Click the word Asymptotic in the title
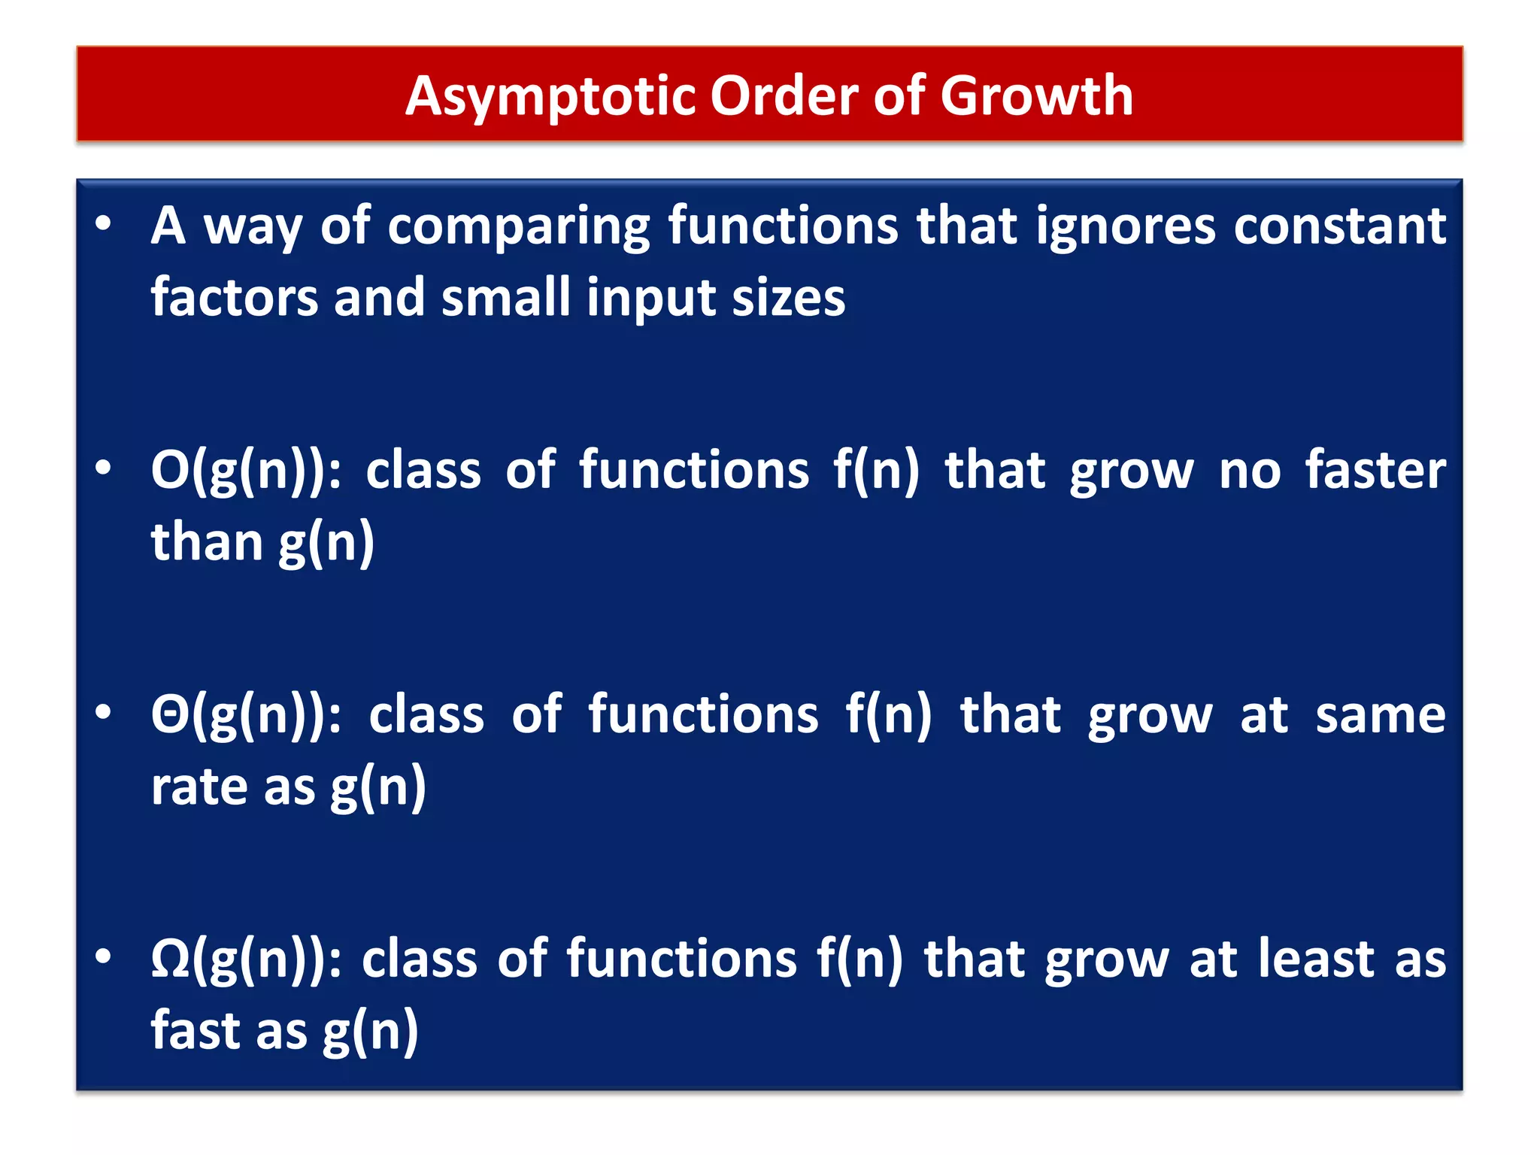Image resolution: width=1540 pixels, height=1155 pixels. (x=550, y=96)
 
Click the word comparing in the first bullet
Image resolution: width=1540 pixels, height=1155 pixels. (x=519, y=226)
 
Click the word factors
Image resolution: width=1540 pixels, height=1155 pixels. (x=235, y=297)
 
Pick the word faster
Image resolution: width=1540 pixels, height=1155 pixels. (x=1375, y=471)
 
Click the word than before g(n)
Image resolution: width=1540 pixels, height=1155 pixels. (x=207, y=541)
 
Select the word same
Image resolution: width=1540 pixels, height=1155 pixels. (x=1380, y=715)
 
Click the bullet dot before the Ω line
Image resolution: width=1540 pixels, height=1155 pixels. (x=103, y=956)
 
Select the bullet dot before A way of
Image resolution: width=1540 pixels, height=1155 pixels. (x=103, y=223)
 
